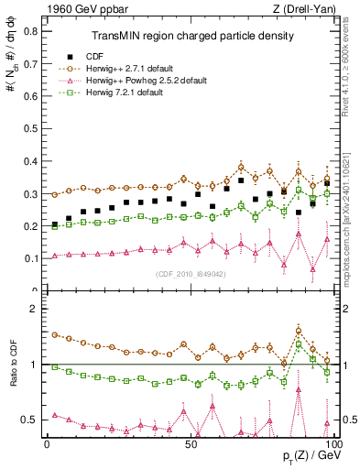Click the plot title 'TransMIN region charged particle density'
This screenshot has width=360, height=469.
coord(192,36)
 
